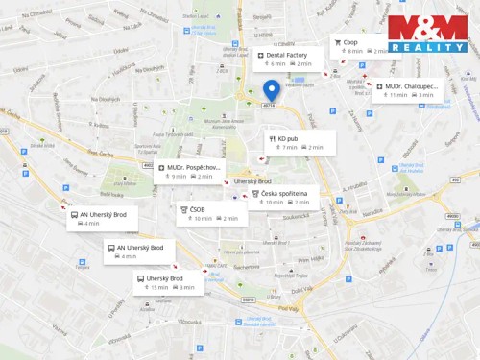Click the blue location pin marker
tap(271, 91)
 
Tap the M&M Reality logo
tap(427, 34)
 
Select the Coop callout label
tap(361, 46)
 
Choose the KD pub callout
tap(300, 142)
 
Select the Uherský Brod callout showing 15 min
tap(167, 282)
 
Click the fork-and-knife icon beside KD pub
tap(273, 138)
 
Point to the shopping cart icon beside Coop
tap(338, 42)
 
